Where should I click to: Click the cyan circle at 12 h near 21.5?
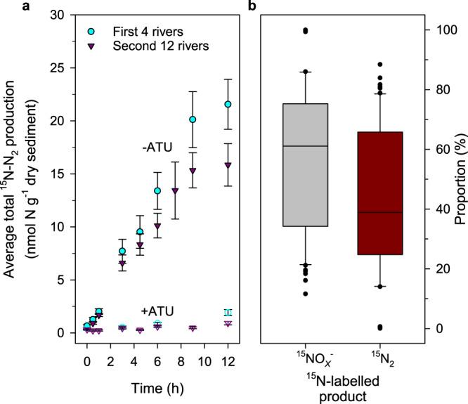pyautogui.click(x=228, y=104)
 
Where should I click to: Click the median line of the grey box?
pyautogui.click(x=305, y=145)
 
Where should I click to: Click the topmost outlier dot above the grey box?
pyautogui.click(x=305, y=30)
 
